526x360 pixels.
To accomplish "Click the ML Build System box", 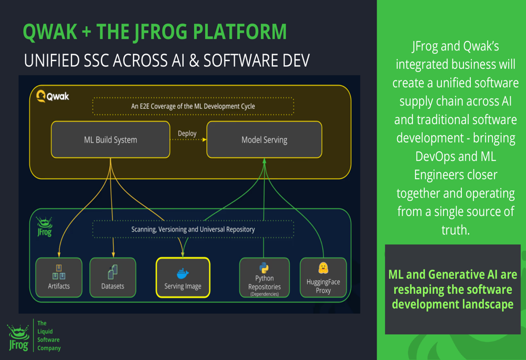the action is click(110, 139).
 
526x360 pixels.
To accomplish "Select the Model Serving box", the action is click(265, 139).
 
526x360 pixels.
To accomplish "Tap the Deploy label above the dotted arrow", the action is click(187, 133).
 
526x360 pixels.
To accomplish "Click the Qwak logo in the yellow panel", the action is click(53, 96).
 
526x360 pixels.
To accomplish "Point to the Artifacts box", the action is click(59, 277).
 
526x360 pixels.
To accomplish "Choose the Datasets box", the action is click(113, 277).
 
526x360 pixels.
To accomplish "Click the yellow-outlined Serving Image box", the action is click(183, 277).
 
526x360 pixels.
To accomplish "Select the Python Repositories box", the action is click(265, 277).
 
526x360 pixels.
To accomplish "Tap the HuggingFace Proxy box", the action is click(323, 277).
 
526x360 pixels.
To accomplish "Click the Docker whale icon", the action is click(183, 273).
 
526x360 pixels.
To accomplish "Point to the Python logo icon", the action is click(264, 268).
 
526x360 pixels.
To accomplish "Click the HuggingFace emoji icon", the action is click(323, 268).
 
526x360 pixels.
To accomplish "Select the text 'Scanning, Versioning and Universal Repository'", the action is click(193, 229).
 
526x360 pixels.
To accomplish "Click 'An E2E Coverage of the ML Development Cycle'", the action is click(193, 106).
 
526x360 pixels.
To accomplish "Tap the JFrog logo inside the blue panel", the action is click(44, 227).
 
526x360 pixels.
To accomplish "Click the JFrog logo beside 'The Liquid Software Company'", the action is click(18, 337).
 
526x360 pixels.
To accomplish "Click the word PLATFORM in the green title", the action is click(240, 32).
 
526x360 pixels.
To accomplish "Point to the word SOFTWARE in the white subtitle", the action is click(241, 60).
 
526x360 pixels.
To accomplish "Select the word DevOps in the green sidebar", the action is click(435, 157).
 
